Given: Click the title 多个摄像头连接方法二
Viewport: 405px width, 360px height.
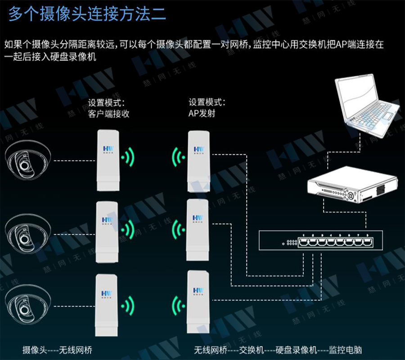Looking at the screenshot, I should [x=87, y=14].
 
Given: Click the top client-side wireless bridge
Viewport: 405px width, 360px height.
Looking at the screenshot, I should [x=108, y=160].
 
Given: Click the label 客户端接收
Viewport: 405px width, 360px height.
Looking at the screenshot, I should [x=109, y=114].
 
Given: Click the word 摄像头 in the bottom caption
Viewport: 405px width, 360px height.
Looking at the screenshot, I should [x=34, y=350].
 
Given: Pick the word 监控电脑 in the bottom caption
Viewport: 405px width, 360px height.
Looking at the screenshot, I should [x=345, y=350].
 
